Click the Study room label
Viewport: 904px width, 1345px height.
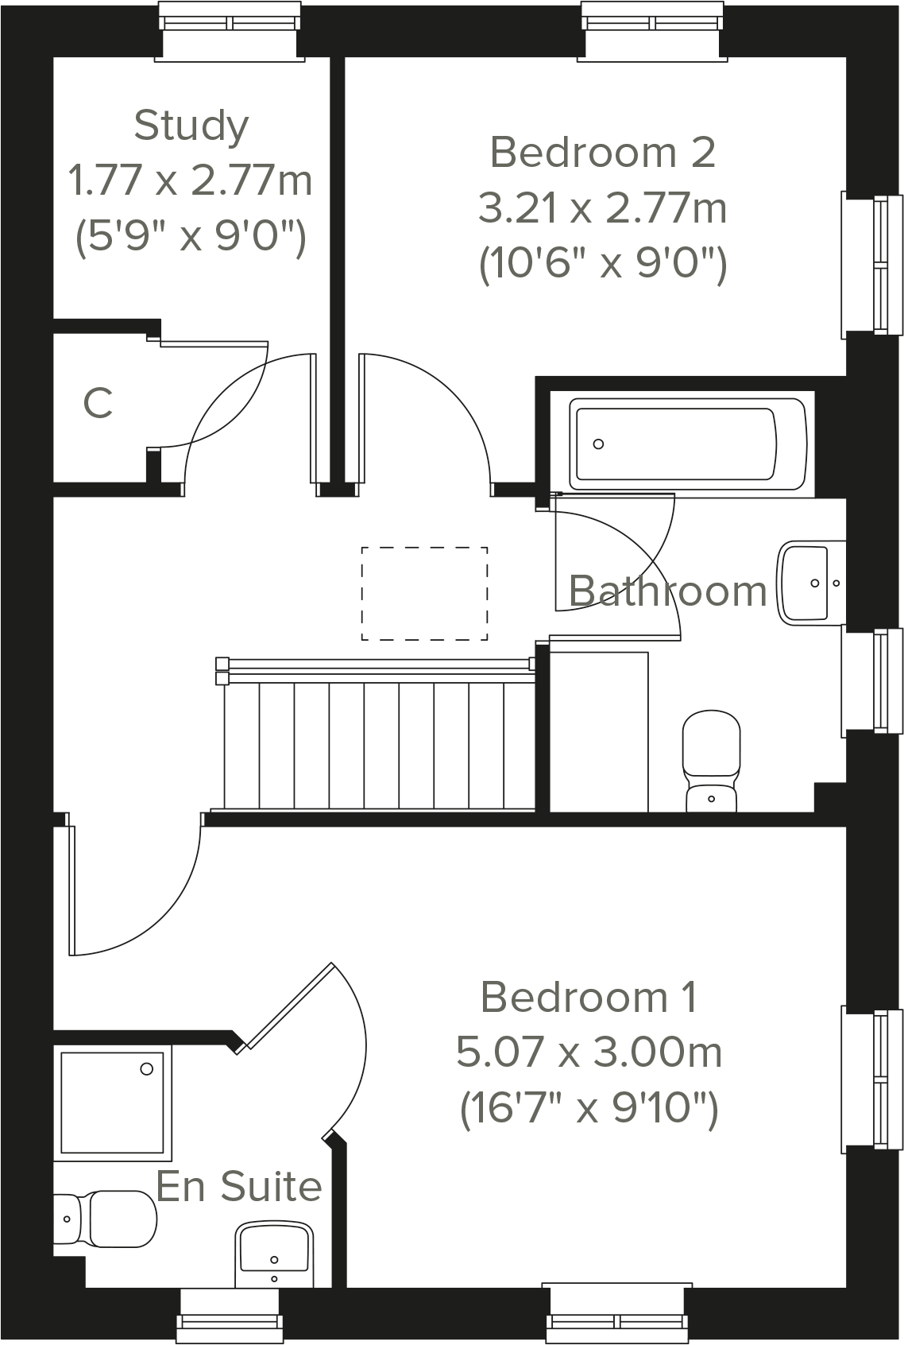coord(191,126)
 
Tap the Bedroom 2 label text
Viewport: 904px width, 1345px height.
coord(602,152)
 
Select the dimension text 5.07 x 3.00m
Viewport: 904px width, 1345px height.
coord(589,1052)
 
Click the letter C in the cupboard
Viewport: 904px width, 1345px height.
coord(98,403)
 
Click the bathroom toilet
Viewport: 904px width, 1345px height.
coord(711,761)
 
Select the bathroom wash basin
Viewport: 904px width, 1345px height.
coord(810,582)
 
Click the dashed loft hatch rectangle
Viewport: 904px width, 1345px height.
coord(424,593)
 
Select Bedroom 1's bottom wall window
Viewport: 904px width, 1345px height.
coord(617,1312)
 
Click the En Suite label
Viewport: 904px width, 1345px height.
coord(239,1186)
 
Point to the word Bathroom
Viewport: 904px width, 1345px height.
coord(667,591)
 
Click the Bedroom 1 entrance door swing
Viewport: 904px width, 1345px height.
coord(135,890)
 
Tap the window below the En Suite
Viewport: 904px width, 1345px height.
coord(230,1316)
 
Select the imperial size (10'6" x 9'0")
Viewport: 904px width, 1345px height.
coord(602,263)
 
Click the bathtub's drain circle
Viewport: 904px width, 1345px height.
coord(598,444)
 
